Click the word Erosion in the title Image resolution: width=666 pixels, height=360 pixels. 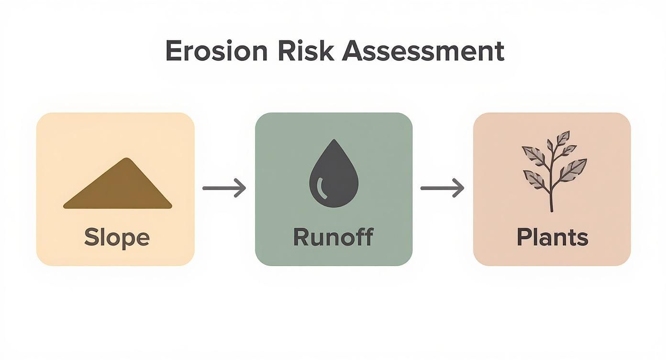(x=216, y=51)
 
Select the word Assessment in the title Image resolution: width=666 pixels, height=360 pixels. (x=423, y=51)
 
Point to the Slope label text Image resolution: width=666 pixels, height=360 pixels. (x=117, y=237)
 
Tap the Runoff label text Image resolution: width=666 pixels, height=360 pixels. (x=333, y=237)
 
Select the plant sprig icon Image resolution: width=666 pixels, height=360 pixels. (x=553, y=170)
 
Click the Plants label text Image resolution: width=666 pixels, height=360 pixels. (x=552, y=238)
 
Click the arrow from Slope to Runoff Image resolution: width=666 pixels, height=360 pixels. (x=224, y=188)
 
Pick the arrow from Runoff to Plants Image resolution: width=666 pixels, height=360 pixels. (x=442, y=188)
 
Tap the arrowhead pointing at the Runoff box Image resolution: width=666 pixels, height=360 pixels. (x=242, y=188)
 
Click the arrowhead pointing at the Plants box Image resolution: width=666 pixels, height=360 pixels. (x=460, y=188)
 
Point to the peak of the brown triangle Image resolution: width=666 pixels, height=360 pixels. (x=126, y=159)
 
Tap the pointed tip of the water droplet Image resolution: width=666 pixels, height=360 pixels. (x=334, y=140)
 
